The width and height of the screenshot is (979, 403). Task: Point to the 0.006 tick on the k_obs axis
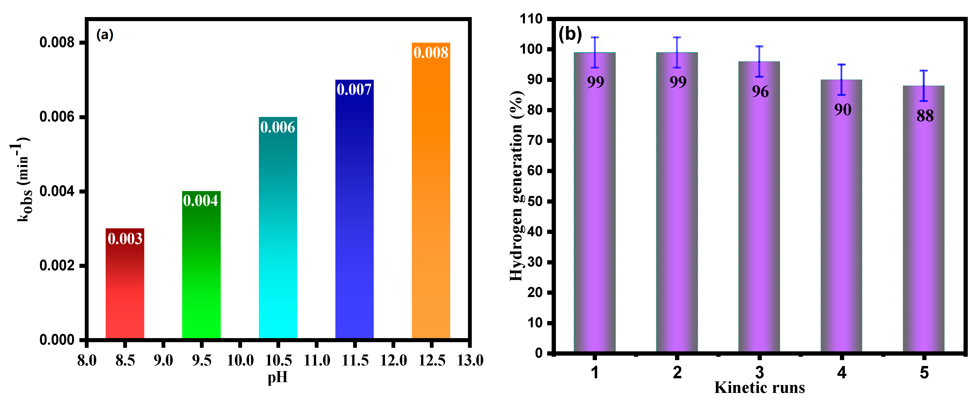click(x=57, y=117)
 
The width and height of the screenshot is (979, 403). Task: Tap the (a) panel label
click(x=105, y=35)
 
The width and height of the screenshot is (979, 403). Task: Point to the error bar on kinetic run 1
click(x=595, y=53)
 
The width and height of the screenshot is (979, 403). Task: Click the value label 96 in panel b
click(x=760, y=92)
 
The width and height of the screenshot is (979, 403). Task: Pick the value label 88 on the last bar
click(x=925, y=116)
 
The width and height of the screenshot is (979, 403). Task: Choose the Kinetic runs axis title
click(x=759, y=388)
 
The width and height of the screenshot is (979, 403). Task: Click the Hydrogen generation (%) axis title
click(x=516, y=186)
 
